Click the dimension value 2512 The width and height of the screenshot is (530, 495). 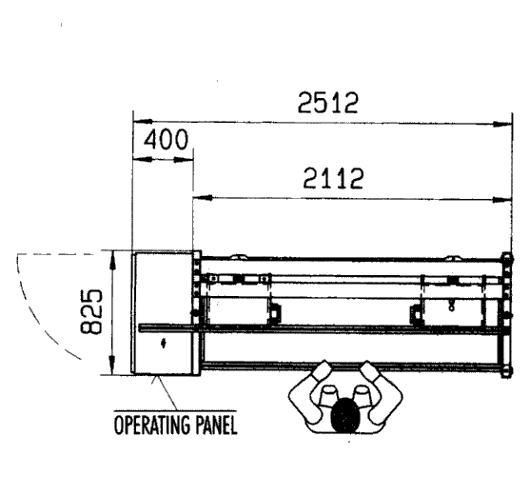[327, 103]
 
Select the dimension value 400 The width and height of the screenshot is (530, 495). [166, 139]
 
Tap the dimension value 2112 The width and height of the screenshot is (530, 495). [333, 178]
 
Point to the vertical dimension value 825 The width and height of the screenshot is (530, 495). [91, 311]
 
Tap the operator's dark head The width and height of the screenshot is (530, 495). [344, 416]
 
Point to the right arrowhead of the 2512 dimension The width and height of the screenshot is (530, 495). [502, 125]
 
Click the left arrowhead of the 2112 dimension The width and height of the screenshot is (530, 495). [203, 198]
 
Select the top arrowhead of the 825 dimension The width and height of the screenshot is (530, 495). [112, 261]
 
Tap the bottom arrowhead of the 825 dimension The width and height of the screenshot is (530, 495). [112, 365]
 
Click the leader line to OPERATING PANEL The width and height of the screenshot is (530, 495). [165, 392]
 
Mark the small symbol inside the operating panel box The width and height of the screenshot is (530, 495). [164, 344]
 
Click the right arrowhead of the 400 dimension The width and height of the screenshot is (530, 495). [184, 159]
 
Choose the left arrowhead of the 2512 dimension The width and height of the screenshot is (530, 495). [143, 121]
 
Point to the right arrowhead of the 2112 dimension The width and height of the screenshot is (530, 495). [502, 200]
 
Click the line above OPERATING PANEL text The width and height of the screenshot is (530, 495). [175, 411]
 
